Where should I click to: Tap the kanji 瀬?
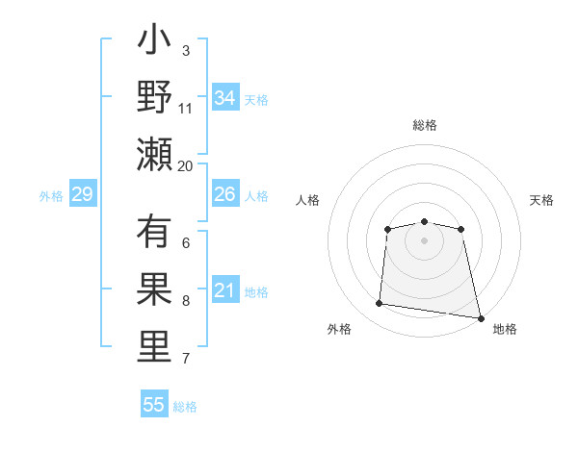(154, 154)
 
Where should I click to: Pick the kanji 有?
(154, 235)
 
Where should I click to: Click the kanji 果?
(154, 290)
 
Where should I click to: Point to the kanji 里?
(154, 347)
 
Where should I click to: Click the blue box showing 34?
(225, 98)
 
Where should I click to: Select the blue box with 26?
(225, 194)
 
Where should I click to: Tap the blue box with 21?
(225, 290)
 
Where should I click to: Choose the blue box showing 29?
(83, 195)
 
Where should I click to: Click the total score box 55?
(154, 405)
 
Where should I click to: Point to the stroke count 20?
(186, 165)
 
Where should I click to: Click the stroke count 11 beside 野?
(186, 109)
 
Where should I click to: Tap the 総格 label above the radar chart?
(424, 126)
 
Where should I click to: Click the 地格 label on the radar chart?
(505, 330)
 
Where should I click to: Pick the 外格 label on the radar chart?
(339, 330)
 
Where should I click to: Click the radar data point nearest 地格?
(480, 317)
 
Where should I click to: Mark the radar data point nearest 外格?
(380, 304)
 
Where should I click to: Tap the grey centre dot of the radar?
(424, 240)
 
